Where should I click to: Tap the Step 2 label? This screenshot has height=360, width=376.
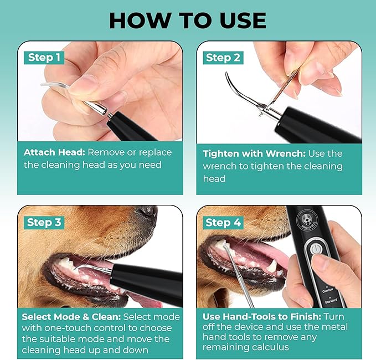coord(223,58)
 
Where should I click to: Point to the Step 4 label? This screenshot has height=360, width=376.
coord(223,222)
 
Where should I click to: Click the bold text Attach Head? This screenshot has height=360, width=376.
coord(54,152)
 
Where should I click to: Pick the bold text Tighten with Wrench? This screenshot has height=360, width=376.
coord(256,153)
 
